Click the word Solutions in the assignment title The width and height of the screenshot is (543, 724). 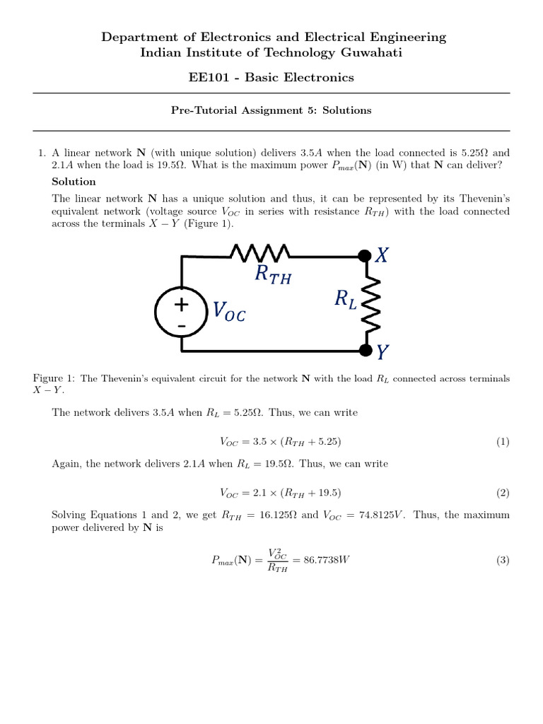pyautogui.click(x=348, y=110)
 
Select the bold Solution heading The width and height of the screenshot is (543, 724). pyautogui.click(x=74, y=182)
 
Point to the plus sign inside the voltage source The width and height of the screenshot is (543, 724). pyautogui.click(x=182, y=305)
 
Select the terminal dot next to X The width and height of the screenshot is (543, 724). pyautogui.click(x=366, y=255)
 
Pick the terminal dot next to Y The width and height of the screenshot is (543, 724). pyautogui.click(x=366, y=350)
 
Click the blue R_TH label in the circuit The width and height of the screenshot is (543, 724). pyautogui.click(x=273, y=276)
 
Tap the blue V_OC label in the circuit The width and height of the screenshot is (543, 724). pyautogui.click(x=229, y=311)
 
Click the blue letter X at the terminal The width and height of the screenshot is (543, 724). pyautogui.click(x=382, y=256)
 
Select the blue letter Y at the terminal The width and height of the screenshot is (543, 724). pyautogui.click(x=383, y=351)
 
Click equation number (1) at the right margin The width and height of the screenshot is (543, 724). pyautogui.click(x=502, y=442)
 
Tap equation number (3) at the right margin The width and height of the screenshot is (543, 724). pyautogui.click(x=502, y=560)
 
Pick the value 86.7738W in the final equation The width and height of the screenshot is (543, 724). pyautogui.click(x=329, y=560)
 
